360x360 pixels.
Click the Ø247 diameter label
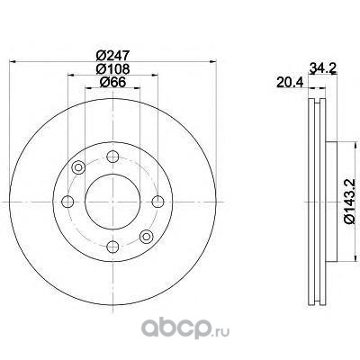(112, 56)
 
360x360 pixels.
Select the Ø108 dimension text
(112, 69)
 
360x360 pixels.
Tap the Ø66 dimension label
(112, 82)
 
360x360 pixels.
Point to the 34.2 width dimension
(322, 68)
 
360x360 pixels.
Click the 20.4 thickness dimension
(290, 82)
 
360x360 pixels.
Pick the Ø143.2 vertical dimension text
(351, 201)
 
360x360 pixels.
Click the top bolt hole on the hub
(112, 157)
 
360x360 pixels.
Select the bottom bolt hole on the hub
(112, 247)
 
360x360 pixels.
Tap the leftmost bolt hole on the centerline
(67, 202)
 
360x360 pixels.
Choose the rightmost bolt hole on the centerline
(157, 202)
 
